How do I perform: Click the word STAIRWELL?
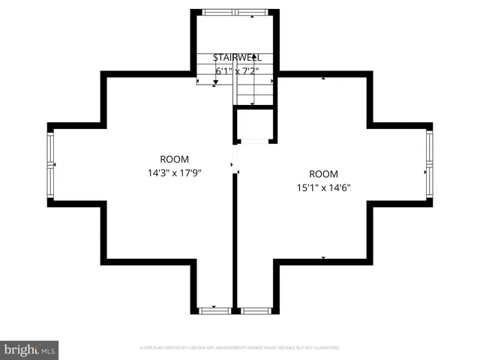coord(237,58)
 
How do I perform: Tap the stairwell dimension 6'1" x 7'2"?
coord(237,71)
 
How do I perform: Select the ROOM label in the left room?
coord(175,159)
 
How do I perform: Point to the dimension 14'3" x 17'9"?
coord(175,172)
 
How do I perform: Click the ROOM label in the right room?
coord(323,174)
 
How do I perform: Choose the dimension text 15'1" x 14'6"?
coord(323,187)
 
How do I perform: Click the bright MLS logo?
coord(29,349)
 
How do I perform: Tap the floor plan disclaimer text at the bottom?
coord(240,348)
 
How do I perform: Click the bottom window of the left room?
coord(215,309)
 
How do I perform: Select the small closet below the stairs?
coord(254,124)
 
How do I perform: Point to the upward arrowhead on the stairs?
coord(254,57)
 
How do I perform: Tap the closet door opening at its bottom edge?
coord(254,141)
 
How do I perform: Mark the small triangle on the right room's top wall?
coord(323,77)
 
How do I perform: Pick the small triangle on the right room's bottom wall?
coord(323,258)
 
